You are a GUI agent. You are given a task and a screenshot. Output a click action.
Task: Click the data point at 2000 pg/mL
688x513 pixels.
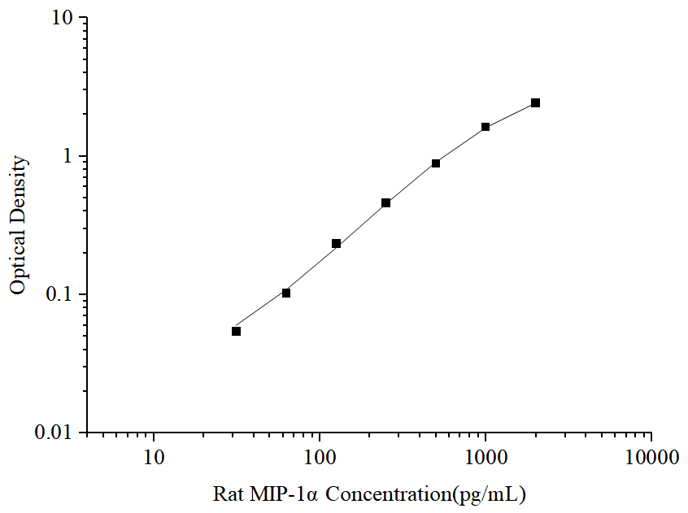535,102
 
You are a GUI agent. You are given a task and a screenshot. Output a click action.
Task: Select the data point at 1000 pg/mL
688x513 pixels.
486,127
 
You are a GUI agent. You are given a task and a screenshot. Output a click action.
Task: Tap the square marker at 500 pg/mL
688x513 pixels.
436,163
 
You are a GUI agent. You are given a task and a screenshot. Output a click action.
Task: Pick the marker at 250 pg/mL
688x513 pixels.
385,202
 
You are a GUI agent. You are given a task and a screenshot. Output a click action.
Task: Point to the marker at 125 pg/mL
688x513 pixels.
336,244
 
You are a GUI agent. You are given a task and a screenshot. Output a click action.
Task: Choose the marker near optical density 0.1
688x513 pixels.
286,293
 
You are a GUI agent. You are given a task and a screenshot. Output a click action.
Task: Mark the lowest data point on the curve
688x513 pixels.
236,331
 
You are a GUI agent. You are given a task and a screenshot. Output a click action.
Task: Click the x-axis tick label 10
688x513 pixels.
154,458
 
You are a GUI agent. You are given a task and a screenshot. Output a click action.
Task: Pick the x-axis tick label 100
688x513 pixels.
320,458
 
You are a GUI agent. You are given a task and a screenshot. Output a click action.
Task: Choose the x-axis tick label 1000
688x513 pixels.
486,458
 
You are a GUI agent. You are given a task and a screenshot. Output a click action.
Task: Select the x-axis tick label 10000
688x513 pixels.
651,458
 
